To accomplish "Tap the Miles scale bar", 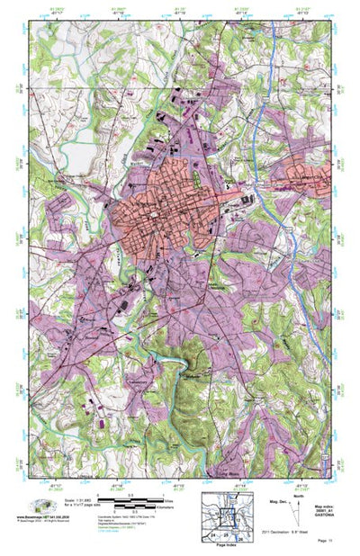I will (x=118, y=498).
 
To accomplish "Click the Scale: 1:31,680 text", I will (x=70, y=498).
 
